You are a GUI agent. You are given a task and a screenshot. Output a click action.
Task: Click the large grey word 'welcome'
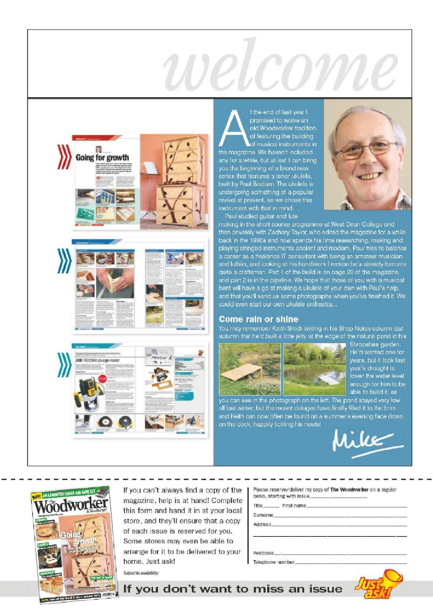[x=280, y=66]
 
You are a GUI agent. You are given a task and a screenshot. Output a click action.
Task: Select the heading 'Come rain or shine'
[x=258, y=319]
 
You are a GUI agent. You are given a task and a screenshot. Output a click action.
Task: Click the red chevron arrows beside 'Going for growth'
[x=64, y=157]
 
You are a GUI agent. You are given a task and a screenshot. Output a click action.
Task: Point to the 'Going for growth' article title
[x=102, y=158]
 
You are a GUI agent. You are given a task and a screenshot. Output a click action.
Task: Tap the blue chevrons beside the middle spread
[x=64, y=260]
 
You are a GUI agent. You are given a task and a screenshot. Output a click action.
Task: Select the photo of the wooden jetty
[x=250, y=369]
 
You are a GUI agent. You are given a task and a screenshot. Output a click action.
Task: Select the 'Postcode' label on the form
[x=264, y=553]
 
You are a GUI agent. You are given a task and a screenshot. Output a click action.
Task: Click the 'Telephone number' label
[x=274, y=562]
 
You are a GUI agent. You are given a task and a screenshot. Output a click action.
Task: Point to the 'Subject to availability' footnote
[x=141, y=573]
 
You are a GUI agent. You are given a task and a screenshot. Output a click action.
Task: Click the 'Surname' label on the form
[x=263, y=515]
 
